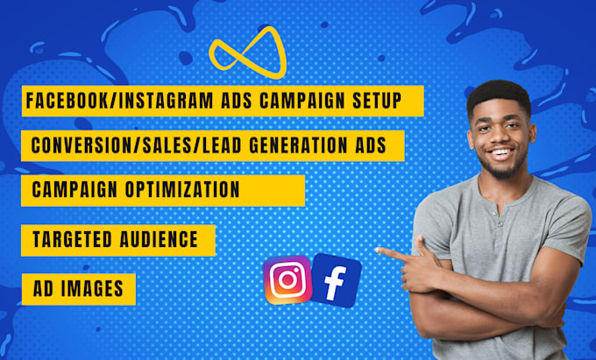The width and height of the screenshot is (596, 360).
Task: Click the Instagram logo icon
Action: tap(287, 280)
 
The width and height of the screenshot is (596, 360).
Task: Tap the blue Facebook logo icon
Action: tap(336, 279)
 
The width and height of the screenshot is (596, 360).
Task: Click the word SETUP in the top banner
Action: tap(379, 102)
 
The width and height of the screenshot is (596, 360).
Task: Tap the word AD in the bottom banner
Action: tap(42, 287)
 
